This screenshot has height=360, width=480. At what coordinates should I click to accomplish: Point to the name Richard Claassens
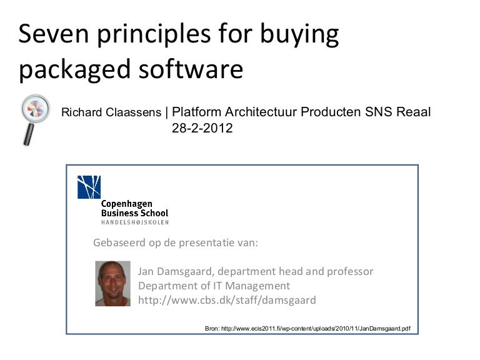tap(111, 113)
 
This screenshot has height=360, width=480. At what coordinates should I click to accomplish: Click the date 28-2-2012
tap(202, 129)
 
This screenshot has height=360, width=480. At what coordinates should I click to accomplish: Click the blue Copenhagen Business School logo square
tap(89, 187)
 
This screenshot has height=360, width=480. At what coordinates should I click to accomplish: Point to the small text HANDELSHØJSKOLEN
tap(134, 222)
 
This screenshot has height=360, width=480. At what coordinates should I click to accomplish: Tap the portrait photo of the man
tap(112, 284)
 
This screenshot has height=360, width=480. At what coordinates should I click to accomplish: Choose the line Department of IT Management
tap(214, 286)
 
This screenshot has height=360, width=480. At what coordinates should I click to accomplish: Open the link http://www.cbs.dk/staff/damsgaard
tap(227, 301)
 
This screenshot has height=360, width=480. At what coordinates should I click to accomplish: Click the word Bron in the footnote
tap(213, 327)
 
